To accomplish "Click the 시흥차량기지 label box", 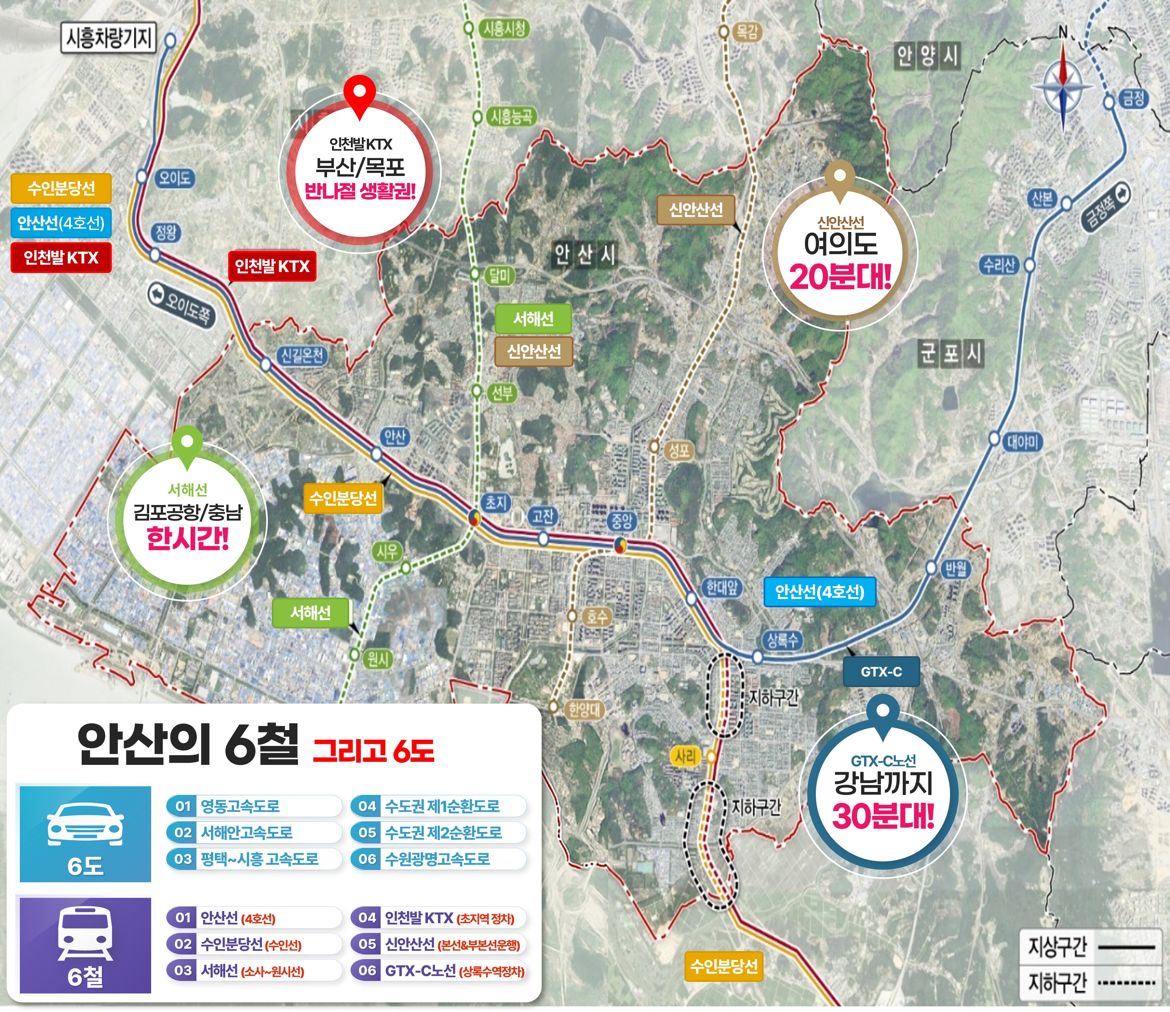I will [x=108, y=38].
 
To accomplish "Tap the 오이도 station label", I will [x=175, y=178].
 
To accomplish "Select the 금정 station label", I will [x=1133, y=99].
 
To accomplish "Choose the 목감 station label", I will [x=746, y=32].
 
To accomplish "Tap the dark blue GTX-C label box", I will [x=881, y=672].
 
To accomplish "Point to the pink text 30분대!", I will [x=883, y=816].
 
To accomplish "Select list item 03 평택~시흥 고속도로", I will [x=254, y=859].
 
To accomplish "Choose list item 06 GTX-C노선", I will [x=438, y=971].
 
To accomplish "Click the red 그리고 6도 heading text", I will [x=373, y=750].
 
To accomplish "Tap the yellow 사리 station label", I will [x=686, y=757].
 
